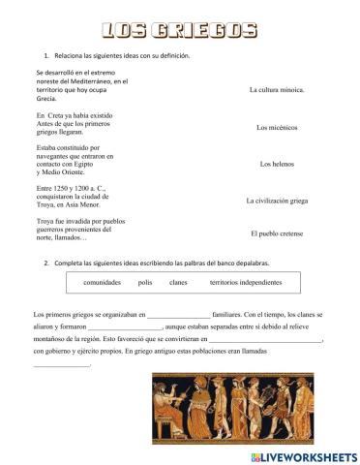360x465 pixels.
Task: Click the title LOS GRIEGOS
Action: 179,31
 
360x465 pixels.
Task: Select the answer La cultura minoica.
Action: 277,90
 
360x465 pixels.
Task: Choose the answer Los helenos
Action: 277,164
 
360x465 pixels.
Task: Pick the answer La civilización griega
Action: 277,201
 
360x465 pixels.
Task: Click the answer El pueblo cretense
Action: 277,233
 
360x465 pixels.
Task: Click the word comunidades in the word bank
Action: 103,282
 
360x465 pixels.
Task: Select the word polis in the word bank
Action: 146,282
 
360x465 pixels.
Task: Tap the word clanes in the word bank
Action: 178,282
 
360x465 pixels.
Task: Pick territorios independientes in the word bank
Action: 246,282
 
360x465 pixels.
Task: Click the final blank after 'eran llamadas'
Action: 63,366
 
